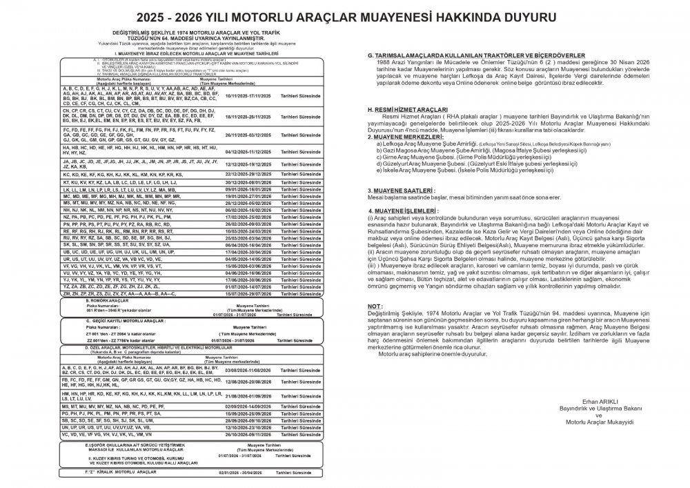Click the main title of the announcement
(345, 15)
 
